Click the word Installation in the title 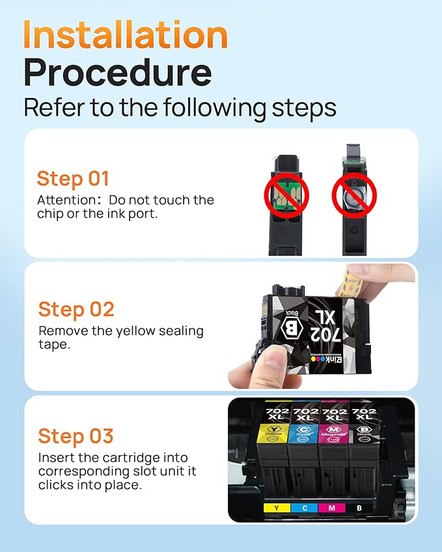[x=126, y=35]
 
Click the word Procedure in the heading [x=117, y=73]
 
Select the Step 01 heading [x=73, y=179]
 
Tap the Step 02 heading [x=76, y=309]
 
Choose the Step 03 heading [x=76, y=436]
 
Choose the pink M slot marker [x=331, y=507]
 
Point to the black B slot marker [x=359, y=507]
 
